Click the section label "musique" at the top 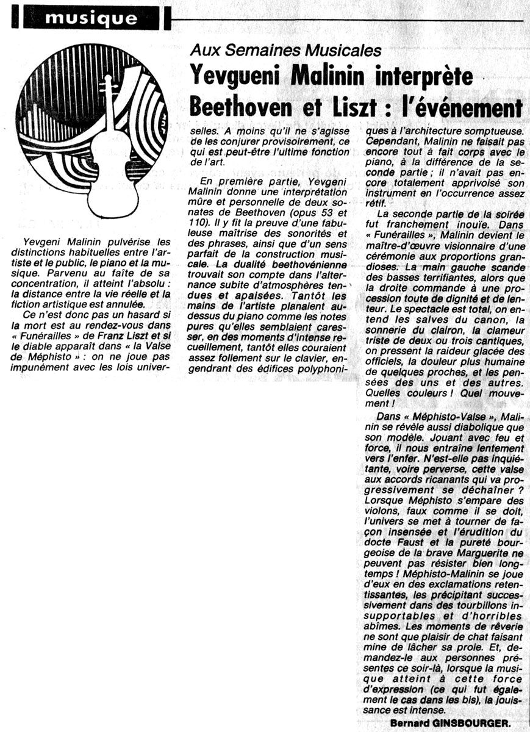[x=91, y=18]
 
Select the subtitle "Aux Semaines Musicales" [x=286, y=51]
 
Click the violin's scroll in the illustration [x=109, y=85]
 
